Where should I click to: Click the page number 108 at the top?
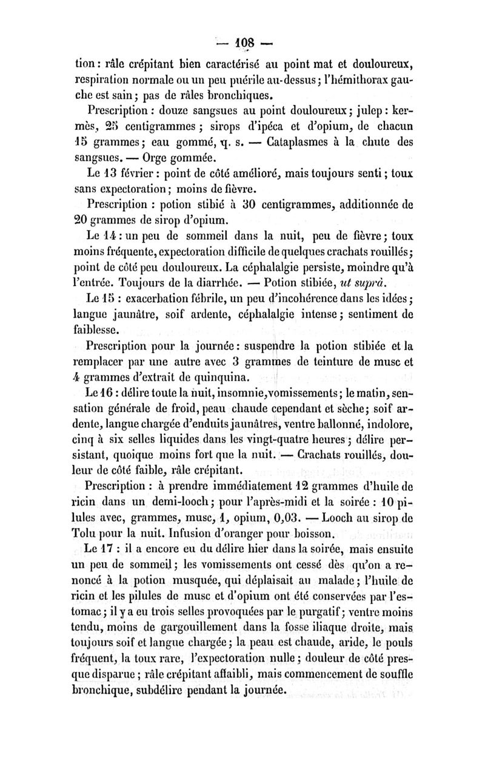[x=242, y=43]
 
